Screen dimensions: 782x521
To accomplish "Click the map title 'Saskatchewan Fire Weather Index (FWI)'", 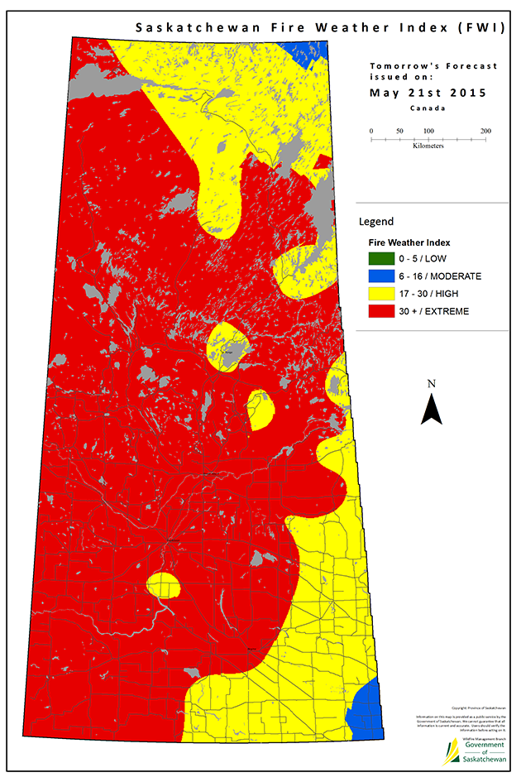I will click(319, 27).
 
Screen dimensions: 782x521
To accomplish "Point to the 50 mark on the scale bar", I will click(400, 132).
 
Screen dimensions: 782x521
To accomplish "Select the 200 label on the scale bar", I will click(485, 132).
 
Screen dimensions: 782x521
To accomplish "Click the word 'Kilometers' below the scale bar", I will click(428, 146).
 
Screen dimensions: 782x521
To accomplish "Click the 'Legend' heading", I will click(376, 222).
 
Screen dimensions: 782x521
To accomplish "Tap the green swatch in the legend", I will click(383, 258).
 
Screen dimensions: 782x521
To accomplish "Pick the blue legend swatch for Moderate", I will click(383, 276).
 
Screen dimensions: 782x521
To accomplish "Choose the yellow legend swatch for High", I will click(383, 293).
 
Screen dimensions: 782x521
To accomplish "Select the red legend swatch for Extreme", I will click(383, 311).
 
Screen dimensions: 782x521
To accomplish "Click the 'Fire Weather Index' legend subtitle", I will click(409, 242).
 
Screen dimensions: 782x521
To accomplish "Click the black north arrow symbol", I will click(432, 410).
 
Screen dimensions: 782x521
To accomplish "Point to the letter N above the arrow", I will click(431, 383).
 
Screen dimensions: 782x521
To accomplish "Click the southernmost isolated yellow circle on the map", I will click(164, 584).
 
